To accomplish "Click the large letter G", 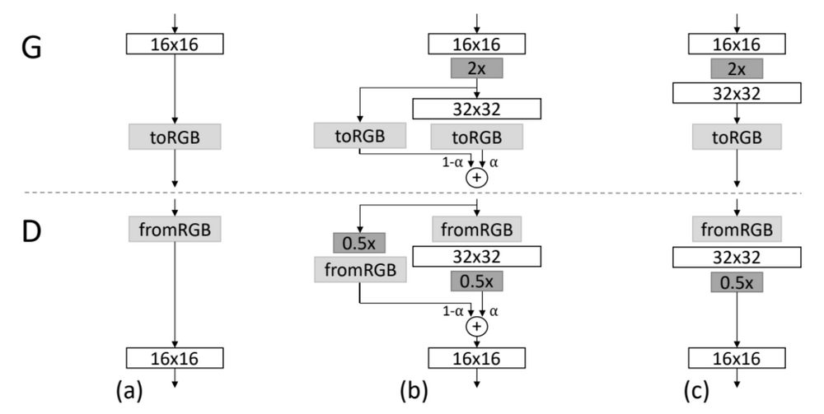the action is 31,48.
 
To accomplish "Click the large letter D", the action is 31,231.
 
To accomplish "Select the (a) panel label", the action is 129,391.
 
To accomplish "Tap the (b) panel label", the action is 414,391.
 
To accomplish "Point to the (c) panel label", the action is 696,391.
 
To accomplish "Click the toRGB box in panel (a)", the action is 175,137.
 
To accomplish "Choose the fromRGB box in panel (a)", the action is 175,230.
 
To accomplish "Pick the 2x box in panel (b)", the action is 476,68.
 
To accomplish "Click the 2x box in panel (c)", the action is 737,69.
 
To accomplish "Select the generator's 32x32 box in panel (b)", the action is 476,109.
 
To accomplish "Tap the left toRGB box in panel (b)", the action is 360,135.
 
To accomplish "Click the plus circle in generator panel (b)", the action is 476,178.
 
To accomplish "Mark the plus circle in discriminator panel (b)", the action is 476,327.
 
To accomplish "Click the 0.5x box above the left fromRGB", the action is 359,243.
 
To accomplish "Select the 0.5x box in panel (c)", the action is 737,282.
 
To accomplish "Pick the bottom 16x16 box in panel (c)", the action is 737,358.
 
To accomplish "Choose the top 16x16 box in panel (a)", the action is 175,44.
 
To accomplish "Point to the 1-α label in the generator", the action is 452,162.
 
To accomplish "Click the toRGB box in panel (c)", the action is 737,137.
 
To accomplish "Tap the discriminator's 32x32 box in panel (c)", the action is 737,257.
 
